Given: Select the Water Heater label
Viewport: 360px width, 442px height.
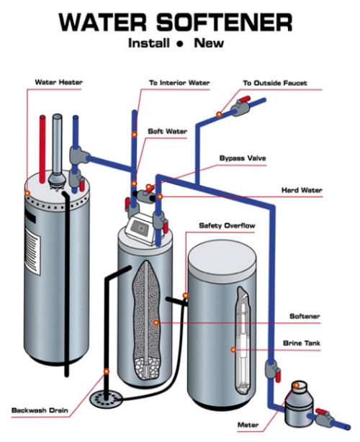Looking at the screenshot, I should coord(58,83).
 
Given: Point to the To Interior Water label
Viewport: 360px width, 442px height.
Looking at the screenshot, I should coord(179,83).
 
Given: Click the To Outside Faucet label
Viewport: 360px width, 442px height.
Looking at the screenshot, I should coord(274,83).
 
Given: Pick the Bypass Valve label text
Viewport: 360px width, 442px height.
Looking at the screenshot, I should coord(240,157).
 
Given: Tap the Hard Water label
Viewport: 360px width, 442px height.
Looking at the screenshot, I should coord(302,190).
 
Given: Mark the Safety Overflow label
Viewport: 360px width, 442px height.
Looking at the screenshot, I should coord(226,225).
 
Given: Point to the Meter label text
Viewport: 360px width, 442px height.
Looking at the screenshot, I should coord(248,425).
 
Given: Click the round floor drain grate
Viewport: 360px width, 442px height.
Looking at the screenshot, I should coord(107,395).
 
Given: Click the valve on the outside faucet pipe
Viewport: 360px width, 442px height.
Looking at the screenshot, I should coord(237,107).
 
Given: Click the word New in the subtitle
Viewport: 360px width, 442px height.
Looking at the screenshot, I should coord(209,43).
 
